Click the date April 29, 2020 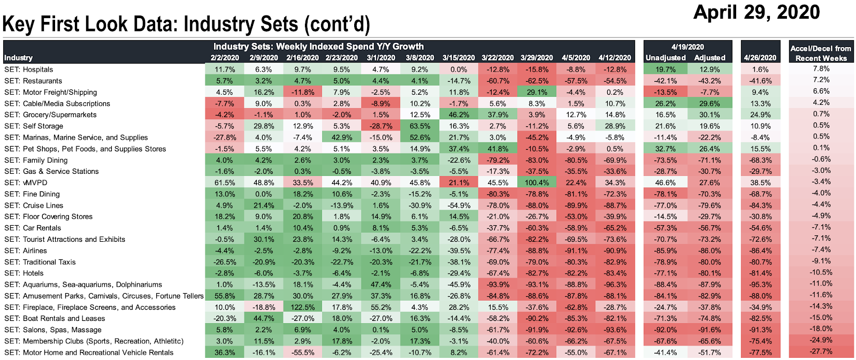pyautogui.click(x=756, y=12)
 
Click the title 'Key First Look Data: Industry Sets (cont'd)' pyautogui.click(x=186, y=25)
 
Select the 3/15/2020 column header pyautogui.click(x=458, y=58)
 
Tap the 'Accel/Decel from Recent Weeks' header pyautogui.click(x=821, y=53)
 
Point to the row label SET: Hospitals pyautogui.click(x=29, y=70)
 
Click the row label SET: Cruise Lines pyautogui.click(x=34, y=205)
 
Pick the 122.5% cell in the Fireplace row pyautogui.click(x=302, y=308)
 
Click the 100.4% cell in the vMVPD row pyautogui.click(x=537, y=183)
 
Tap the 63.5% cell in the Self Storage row pyautogui.click(x=419, y=126)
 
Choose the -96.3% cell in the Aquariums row pyautogui.click(x=615, y=285)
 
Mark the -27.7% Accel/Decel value pyautogui.click(x=821, y=352)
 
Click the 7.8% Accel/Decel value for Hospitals pyautogui.click(x=821, y=69)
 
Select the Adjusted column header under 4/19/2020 pyautogui.click(x=709, y=58)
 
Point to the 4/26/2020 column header pyautogui.click(x=760, y=58)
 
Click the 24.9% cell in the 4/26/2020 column pyautogui.click(x=760, y=115)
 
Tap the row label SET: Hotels pyautogui.click(x=24, y=273)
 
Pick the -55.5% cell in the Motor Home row pyautogui.click(x=302, y=353)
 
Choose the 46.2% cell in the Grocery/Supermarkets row pyautogui.click(x=458, y=115)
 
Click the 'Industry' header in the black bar pyautogui.click(x=19, y=58)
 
